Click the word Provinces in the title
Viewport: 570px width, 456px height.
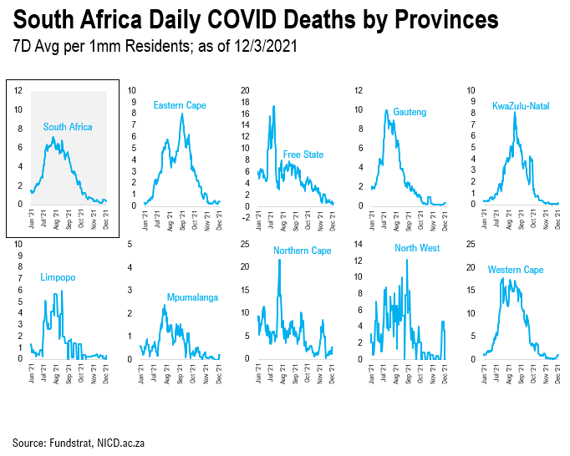(435, 20)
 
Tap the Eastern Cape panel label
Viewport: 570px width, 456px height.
(179, 105)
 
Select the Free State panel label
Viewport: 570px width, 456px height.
(303, 155)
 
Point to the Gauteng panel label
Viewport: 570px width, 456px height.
(410, 112)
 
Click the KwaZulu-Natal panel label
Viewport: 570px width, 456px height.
(521, 105)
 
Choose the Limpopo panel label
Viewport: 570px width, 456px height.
(59, 277)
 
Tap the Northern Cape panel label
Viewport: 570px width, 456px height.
(303, 251)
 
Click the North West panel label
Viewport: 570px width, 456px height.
(417, 248)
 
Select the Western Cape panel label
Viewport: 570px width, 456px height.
(516, 270)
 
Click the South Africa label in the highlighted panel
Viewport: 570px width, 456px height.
(68, 127)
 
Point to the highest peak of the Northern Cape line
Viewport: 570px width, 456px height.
(279, 261)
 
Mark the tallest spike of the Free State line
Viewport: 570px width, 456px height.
(273, 106)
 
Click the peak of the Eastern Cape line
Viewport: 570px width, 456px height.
(181, 114)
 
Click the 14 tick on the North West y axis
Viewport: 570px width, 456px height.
(359, 244)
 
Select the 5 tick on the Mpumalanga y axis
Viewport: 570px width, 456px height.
(129, 244)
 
